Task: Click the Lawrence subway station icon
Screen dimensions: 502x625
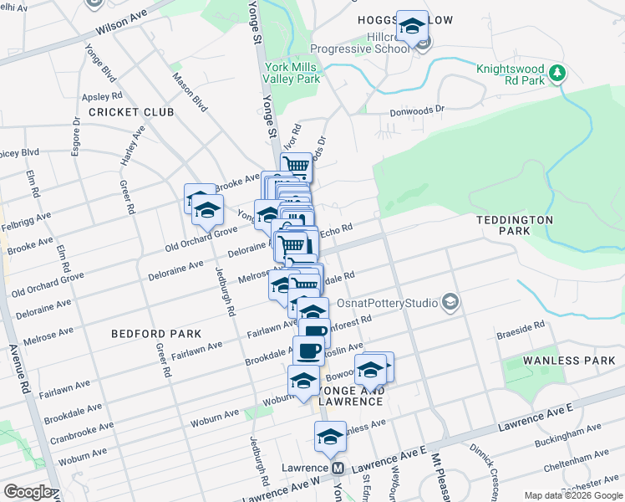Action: (x=338, y=468)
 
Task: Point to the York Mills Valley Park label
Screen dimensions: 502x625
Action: (x=292, y=73)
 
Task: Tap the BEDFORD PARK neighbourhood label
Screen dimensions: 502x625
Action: (x=156, y=333)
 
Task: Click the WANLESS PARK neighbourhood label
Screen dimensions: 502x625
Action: (x=569, y=361)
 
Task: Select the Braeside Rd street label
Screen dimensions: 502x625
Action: (x=522, y=324)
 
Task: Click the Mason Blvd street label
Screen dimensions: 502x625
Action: (x=189, y=91)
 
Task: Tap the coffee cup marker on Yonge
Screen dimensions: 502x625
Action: (x=308, y=351)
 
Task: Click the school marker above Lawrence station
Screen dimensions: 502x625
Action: (x=330, y=437)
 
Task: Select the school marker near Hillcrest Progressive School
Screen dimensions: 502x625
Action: (x=411, y=28)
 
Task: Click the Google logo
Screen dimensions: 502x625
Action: (x=28, y=491)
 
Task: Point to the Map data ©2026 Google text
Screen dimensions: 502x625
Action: (x=572, y=494)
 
